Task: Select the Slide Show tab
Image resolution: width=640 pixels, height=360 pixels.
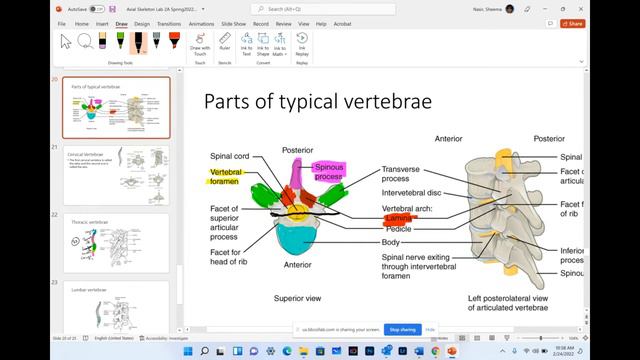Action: pyautogui.click(x=234, y=23)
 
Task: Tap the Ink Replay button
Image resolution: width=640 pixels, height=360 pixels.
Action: pyautogui.click(x=302, y=44)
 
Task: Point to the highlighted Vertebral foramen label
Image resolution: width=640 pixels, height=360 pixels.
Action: pyautogui.click(x=226, y=176)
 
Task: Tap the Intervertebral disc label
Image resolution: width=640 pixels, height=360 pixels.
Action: pyautogui.click(x=413, y=193)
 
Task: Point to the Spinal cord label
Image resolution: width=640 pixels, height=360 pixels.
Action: pyautogui.click(x=229, y=156)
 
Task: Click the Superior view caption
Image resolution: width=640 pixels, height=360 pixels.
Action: pyautogui.click(x=296, y=298)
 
